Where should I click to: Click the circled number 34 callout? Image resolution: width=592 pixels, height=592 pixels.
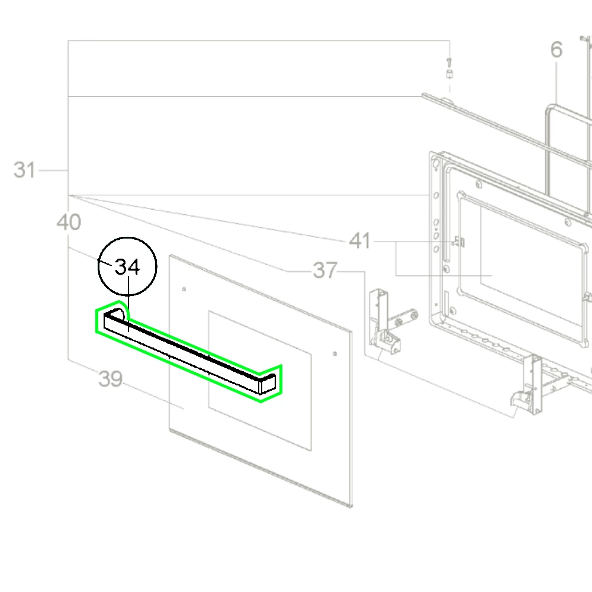pos(127,267)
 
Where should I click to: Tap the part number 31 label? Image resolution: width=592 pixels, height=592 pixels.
pos(25,170)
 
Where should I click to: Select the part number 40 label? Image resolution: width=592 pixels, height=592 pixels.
pos(69,223)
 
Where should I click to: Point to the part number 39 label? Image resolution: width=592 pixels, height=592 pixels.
pos(110,379)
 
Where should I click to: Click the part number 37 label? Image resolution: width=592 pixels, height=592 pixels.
pos(325,271)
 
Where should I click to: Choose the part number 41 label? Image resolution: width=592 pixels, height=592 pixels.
pos(360,242)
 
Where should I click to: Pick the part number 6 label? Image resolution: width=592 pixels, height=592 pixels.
pos(556,50)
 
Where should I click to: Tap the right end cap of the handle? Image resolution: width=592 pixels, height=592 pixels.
pos(268,384)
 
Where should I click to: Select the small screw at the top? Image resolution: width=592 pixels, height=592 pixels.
pos(449,61)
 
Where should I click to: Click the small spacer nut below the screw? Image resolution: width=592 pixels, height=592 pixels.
pos(449,75)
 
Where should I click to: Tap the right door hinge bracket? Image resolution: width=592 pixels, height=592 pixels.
pos(529,385)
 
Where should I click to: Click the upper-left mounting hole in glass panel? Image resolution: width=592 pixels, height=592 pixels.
pos(185,289)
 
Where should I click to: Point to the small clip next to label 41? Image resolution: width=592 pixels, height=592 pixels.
pos(459,242)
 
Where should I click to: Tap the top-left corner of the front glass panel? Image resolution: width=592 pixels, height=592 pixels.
pos(170,256)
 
